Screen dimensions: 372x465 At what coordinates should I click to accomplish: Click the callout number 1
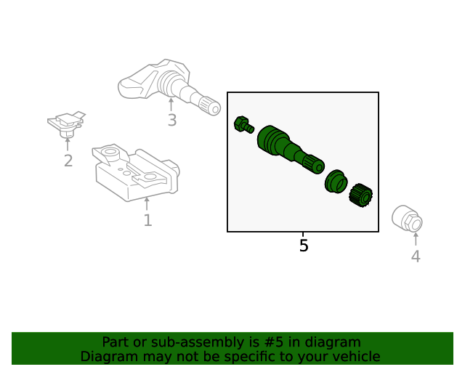coord(147,220)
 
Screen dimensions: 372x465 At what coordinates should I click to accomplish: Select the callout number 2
coord(68,161)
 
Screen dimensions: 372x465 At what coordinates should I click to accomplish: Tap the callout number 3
coord(172,121)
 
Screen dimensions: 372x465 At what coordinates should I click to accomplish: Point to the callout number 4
coord(416,256)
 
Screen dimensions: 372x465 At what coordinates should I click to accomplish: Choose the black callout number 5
coord(304,246)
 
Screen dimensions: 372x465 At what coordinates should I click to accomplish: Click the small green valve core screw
coord(243,125)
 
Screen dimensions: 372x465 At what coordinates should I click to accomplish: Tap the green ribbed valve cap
coord(360,195)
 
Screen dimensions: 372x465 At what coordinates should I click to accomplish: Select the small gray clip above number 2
coord(66,124)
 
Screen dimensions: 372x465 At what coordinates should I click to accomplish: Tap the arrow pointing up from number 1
coord(147,203)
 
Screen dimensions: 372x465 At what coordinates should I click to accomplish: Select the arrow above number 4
coord(416,239)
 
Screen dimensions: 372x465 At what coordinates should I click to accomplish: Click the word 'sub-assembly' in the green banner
coord(185,342)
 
